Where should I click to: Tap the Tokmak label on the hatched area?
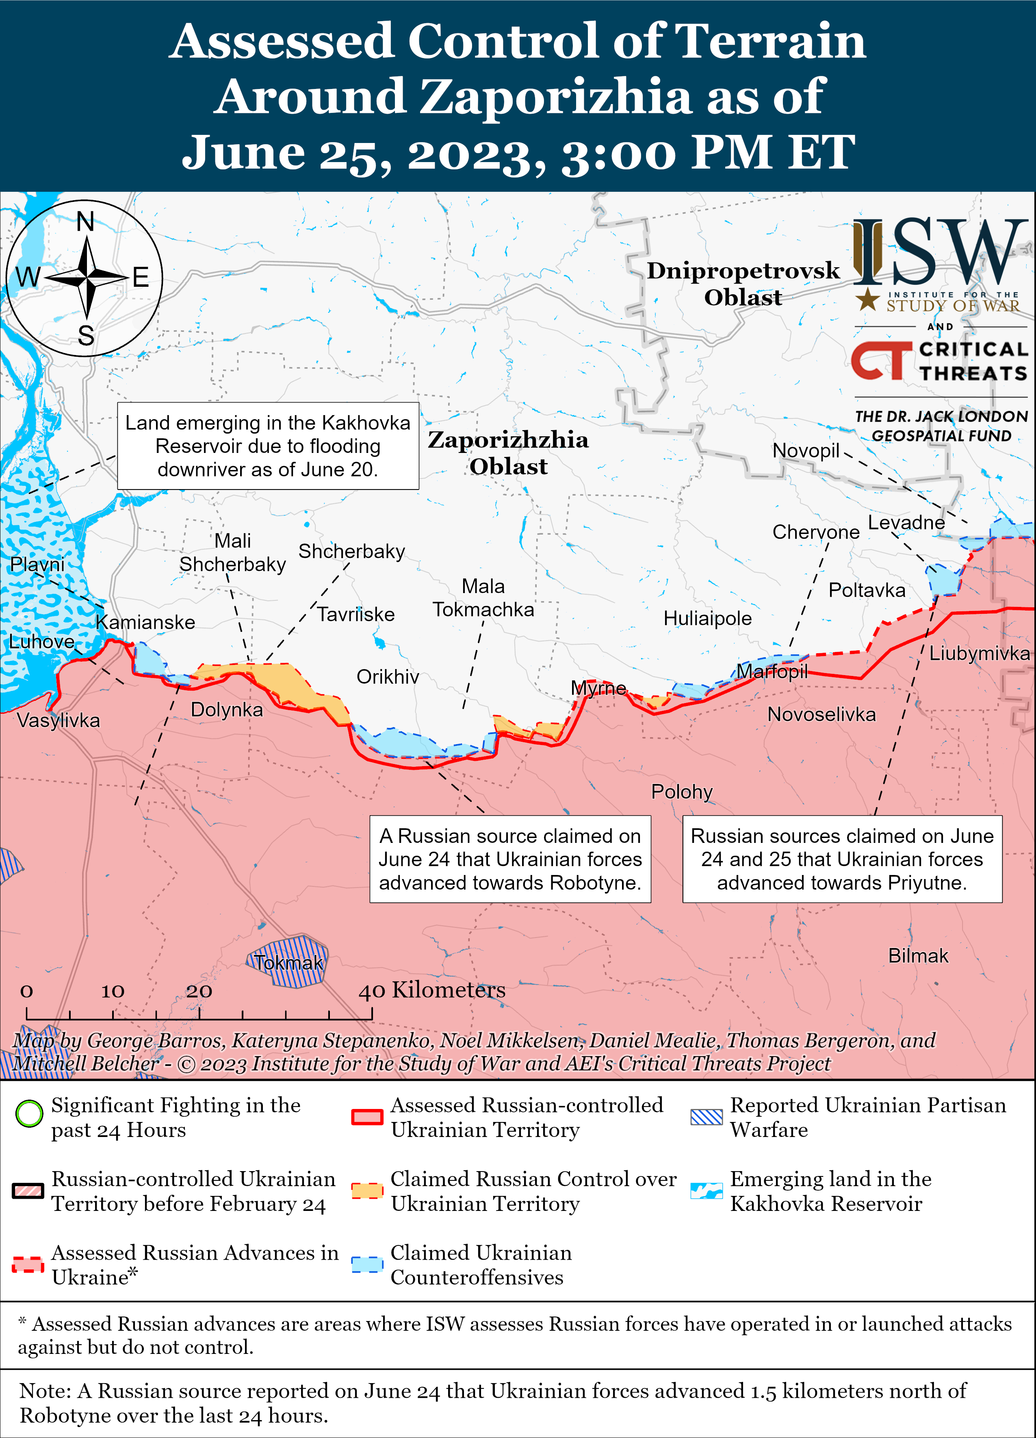pyautogui.click(x=288, y=962)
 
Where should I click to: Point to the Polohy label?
pyautogui.click(x=682, y=791)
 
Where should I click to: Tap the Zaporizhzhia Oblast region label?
pyautogui.click(x=508, y=453)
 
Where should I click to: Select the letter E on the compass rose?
pyautogui.click(x=140, y=278)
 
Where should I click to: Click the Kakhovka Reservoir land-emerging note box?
pyautogui.click(x=268, y=446)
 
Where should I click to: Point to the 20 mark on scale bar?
pyautogui.click(x=198, y=991)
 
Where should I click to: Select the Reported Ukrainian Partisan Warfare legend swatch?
pyautogui.click(x=706, y=1117)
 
